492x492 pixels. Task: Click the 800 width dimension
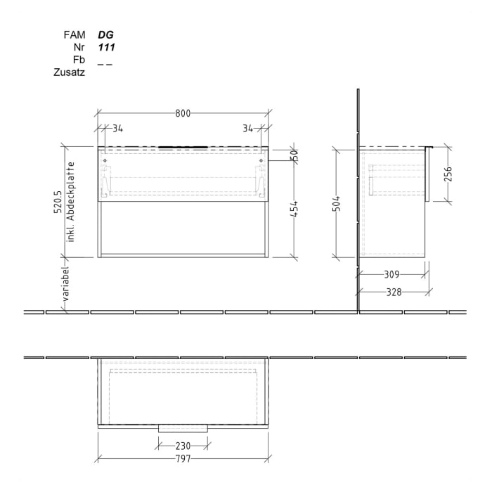183,113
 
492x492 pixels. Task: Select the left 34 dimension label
117,128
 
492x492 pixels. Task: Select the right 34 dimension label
247,128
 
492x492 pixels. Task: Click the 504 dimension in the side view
337,204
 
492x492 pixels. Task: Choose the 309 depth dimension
391,274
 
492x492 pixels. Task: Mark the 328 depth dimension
394,292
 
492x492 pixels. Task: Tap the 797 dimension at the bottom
183,460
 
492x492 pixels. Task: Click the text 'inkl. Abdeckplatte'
71,202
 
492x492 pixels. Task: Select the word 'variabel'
65,283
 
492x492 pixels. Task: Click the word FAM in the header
75,34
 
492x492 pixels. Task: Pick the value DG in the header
105,34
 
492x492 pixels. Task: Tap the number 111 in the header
106,46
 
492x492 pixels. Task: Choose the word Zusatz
70,72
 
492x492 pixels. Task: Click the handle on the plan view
183,428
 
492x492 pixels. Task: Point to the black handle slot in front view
183,148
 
